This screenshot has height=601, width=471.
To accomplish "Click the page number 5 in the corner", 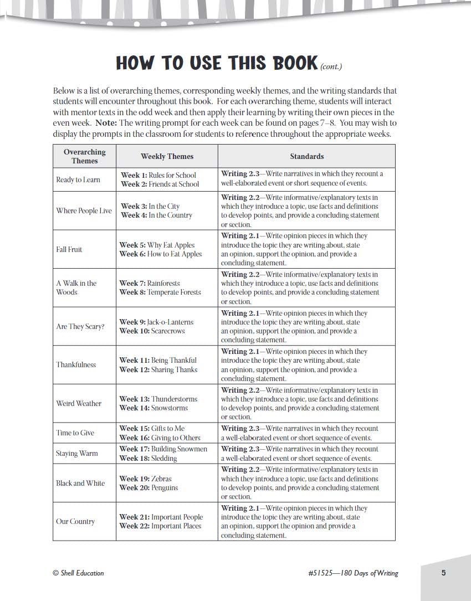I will [x=443, y=573].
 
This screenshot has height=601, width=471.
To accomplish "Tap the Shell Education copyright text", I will [x=78, y=573].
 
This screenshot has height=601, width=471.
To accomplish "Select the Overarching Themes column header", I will [x=84, y=156].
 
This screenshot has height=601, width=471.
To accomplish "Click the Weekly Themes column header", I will [x=167, y=156].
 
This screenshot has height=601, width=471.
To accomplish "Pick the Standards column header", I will [x=306, y=156].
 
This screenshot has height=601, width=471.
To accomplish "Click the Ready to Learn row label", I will [x=78, y=179].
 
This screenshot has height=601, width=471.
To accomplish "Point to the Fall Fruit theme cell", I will [x=69, y=249].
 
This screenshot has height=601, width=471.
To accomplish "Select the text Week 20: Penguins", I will [x=149, y=488].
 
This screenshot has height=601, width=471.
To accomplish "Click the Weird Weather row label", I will [x=79, y=403].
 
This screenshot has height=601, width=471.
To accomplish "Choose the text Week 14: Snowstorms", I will [x=153, y=408].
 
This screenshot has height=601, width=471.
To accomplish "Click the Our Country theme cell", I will [x=75, y=521].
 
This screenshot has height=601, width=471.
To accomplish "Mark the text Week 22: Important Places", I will [x=160, y=526].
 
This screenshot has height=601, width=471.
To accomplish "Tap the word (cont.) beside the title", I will [x=331, y=66].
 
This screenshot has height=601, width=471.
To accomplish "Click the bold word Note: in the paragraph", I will [x=106, y=123].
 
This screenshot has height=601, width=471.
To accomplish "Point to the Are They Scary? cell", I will [x=80, y=326].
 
